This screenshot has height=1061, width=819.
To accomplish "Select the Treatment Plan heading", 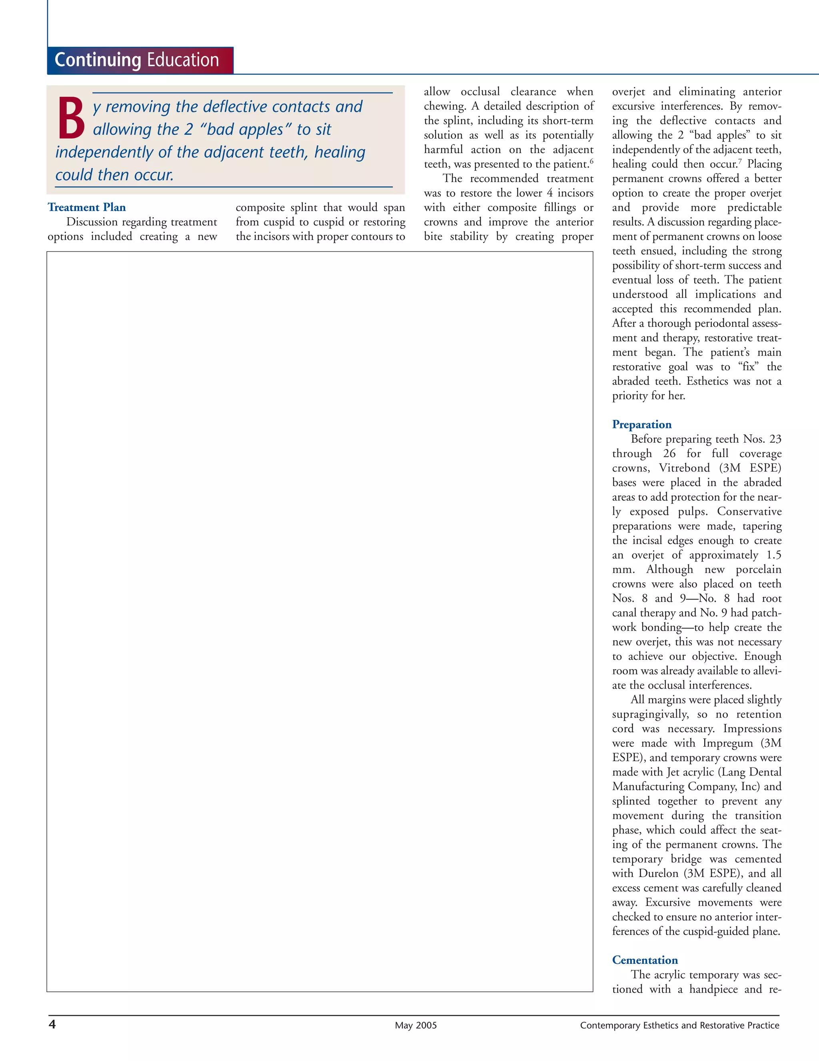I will (86, 208).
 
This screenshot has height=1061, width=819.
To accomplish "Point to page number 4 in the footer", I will (52, 1025).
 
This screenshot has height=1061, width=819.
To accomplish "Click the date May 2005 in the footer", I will (415, 1025).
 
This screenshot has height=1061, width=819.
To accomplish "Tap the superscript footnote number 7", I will (740, 161).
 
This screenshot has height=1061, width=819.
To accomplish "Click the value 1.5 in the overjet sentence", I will (773, 555).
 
